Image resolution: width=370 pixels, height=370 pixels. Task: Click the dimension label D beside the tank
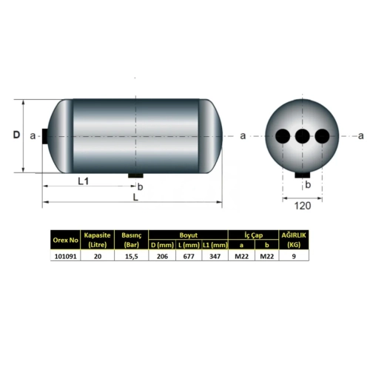[x=16, y=135]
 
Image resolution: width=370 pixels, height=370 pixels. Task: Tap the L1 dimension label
[x=83, y=181]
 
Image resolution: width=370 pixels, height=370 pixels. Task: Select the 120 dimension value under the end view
[x=303, y=206]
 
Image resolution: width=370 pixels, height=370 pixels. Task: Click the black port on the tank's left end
[x=45, y=136]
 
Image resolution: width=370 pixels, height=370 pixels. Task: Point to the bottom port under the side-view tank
[x=135, y=175]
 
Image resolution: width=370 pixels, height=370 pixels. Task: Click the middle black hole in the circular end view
[x=303, y=136]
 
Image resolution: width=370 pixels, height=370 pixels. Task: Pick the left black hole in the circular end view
[x=283, y=136]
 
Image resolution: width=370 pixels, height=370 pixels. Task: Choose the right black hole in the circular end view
[x=322, y=136]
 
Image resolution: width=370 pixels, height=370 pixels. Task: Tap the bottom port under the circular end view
[x=303, y=175]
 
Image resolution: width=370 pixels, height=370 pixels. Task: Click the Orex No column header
[x=65, y=240]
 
